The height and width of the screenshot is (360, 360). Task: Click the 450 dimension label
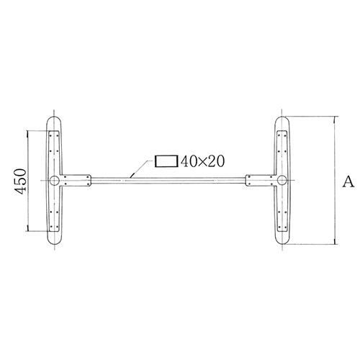click(20, 181)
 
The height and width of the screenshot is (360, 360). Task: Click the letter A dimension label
click(348, 181)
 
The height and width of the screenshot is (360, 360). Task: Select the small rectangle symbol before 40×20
click(166, 161)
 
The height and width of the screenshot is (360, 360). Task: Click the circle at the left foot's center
click(55, 180)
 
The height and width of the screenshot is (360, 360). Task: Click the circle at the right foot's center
click(282, 180)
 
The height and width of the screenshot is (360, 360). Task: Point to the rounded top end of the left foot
click(55, 117)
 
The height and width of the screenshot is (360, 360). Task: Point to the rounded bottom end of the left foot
click(55, 245)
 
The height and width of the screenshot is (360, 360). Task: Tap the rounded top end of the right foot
click(282, 117)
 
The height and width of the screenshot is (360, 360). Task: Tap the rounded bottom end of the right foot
click(282, 245)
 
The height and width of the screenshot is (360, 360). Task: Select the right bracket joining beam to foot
click(260, 180)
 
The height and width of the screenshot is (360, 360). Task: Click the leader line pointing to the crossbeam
click(140, 168)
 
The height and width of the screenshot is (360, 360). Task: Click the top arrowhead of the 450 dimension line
click(29, 133)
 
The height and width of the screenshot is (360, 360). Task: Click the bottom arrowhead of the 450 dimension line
click(29, 228)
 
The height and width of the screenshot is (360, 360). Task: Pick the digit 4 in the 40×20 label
click(185, 161)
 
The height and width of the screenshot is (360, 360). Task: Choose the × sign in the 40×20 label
click(202, 162)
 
